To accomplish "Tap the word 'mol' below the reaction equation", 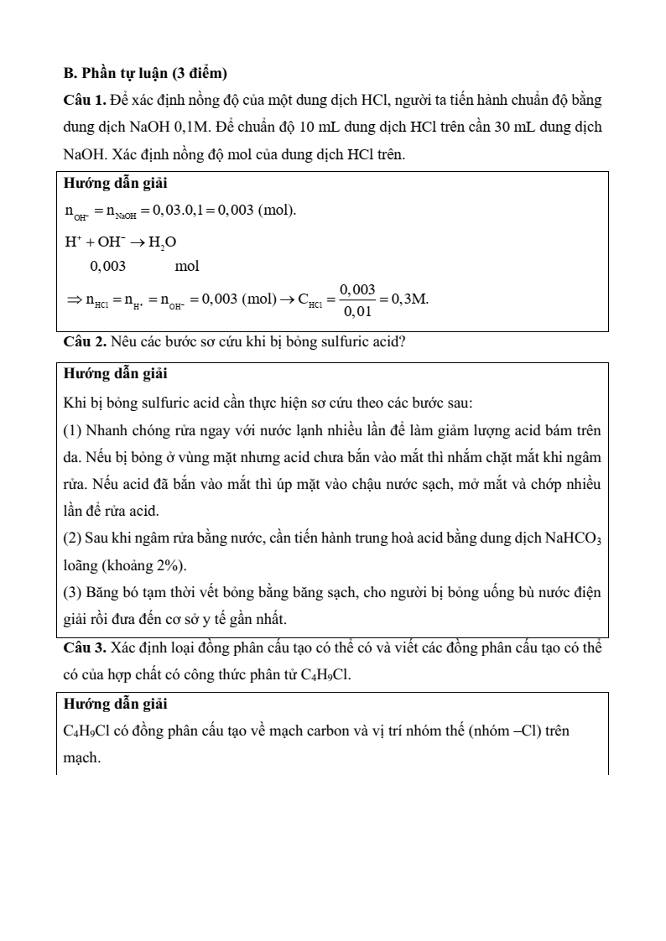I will click(x=187, y=267).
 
